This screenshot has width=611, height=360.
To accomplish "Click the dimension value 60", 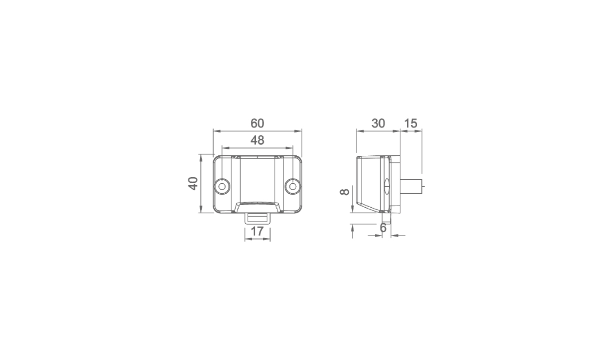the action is [x=257, y=123].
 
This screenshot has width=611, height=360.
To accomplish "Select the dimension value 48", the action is [x=257, y=140].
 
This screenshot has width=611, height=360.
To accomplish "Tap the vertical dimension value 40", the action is [x=193, y=184].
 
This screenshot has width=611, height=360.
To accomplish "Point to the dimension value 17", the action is [x=257, y=231].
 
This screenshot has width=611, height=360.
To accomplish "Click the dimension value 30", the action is [x=378, y=123].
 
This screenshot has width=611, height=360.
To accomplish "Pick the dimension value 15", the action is [x=411, y=123].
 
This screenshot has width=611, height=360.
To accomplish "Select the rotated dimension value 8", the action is [x=345, y=192].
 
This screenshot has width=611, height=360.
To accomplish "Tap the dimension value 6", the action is [x=383, y=228].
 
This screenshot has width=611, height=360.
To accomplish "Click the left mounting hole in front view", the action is [x=222, y=186].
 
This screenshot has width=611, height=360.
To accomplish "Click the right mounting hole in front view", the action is [x=293, y=186].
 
